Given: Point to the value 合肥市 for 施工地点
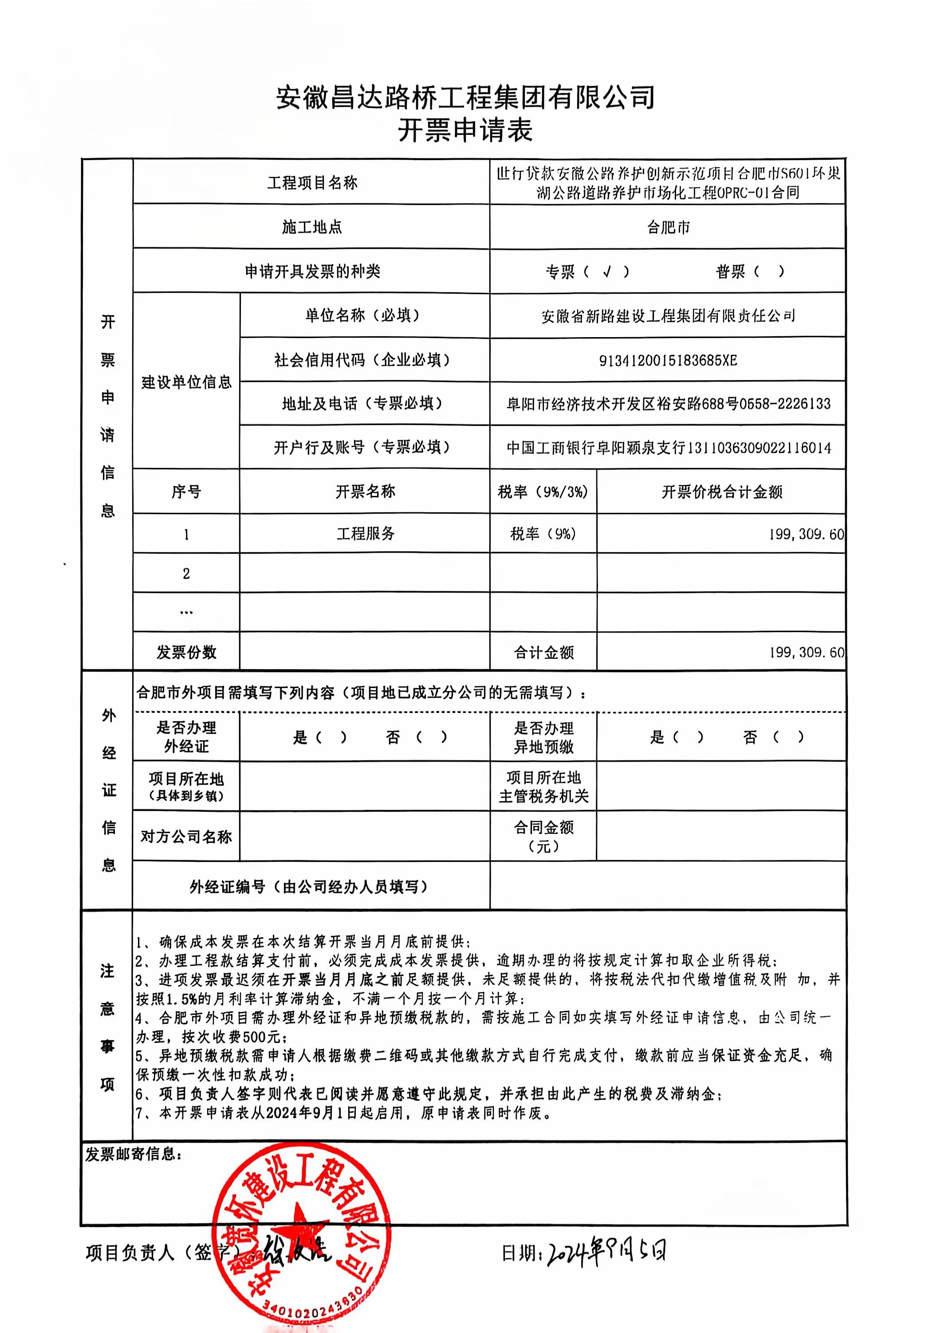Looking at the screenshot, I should tap(668, 227).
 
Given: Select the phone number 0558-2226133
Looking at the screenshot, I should tap(785, 404).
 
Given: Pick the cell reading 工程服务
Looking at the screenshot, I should tap(365, 534).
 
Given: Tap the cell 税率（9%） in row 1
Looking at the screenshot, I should tap(543, 534).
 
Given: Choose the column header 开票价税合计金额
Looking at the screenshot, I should tap(722, 492).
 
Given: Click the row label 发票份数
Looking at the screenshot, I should tap(186, 652).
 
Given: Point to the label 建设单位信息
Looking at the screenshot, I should tap(186, 381).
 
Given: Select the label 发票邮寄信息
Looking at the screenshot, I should tap(134, 1154).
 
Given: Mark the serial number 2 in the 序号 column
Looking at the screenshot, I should tap(186, 574).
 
